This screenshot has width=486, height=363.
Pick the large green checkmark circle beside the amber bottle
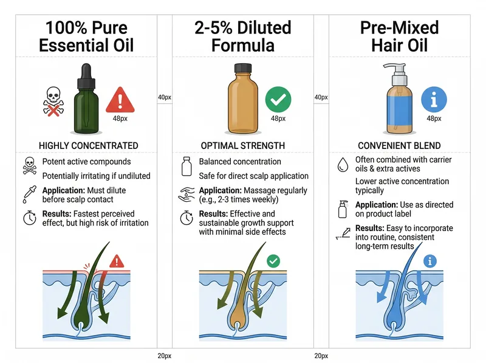pos(278,99)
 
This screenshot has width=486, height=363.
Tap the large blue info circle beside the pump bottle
pos(434,99)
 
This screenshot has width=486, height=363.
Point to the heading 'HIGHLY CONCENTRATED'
pos(88,146)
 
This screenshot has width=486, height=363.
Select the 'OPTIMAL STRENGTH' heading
pos(243,146)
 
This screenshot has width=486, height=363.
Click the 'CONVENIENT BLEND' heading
pos(399,146)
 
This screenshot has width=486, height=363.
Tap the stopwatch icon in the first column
pos(29,218)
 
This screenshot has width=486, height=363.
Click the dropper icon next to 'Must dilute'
pos(29,194)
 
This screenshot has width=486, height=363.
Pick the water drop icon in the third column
pos(343,164)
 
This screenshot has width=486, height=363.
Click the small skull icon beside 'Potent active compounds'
pos(29,164)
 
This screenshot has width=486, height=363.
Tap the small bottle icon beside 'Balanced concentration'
pos(187,165)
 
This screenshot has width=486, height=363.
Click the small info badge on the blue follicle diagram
pos(431,261)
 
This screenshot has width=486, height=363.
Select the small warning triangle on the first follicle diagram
pos(117,261)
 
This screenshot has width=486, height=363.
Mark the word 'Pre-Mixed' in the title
pos(399,27)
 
